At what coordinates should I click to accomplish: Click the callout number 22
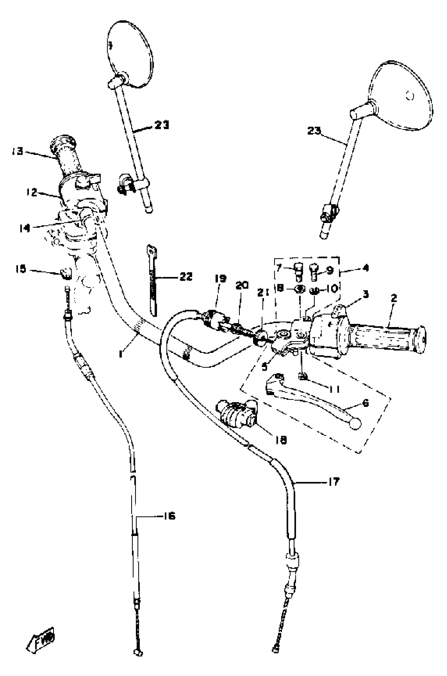pos(186,276)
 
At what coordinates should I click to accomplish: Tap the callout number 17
pos(333,482)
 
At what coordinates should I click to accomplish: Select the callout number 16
pos(169,516)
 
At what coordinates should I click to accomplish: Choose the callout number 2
pos(394,298)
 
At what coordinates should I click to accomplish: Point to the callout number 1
pos(121,354)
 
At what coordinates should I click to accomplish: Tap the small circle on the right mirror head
pos(410,96)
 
